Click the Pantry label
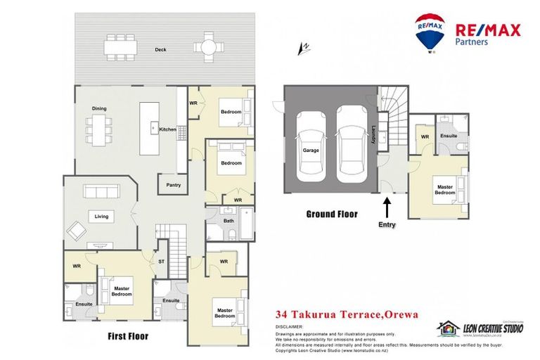click(x=174, y=186)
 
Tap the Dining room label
click(x=99, y=108)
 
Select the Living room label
click(x=101, y=217)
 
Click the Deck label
click(x=161, y=50)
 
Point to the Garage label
click(x=310, y=150)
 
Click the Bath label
click(x=229, y=221)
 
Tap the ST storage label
click(x=161, y=262)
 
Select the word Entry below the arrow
click(x=387, y=225)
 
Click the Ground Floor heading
click(x=331, y=214)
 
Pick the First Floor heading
click(x=128, y=336)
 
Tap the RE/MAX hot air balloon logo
click(x=430, y=32)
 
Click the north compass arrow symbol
click(x=304, y=48)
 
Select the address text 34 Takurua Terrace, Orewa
click(x=347, y=315)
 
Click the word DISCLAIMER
click(x=289, y=327)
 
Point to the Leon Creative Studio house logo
click(x=448, y=328)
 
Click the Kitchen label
click(x=167, y=130)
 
